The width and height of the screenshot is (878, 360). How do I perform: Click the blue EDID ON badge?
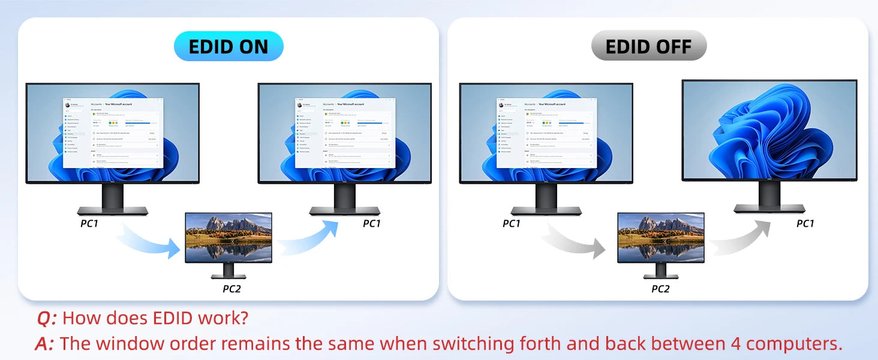pos(228,47)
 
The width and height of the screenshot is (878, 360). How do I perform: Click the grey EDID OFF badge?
pos(648,47)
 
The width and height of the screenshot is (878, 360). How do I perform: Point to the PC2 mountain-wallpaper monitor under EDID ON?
pos(228,238)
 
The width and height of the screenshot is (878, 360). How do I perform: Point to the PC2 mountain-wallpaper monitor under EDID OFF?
pos(661,238)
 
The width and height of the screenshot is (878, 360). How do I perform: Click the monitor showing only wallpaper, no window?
pos(769,130)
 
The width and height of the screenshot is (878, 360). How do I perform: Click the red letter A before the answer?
pos(44,344)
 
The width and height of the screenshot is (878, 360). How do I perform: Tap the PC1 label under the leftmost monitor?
pos(89,224)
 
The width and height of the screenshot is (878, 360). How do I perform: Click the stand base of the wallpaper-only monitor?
pos(769,208)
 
